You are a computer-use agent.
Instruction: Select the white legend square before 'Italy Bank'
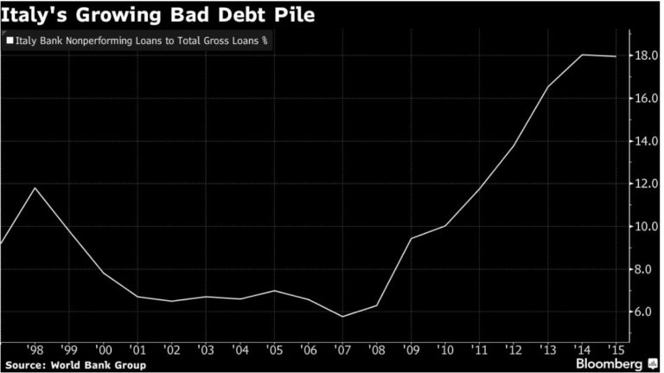click(x=9, y=40)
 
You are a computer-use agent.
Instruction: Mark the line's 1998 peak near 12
click(x=35, y=188)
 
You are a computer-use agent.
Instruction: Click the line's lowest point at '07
click(x=343, y=316)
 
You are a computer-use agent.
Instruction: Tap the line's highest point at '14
click(x=582, y=55)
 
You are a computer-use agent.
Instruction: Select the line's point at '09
click(x=412, y=238)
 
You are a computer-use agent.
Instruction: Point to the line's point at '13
click(x=548, y=87)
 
